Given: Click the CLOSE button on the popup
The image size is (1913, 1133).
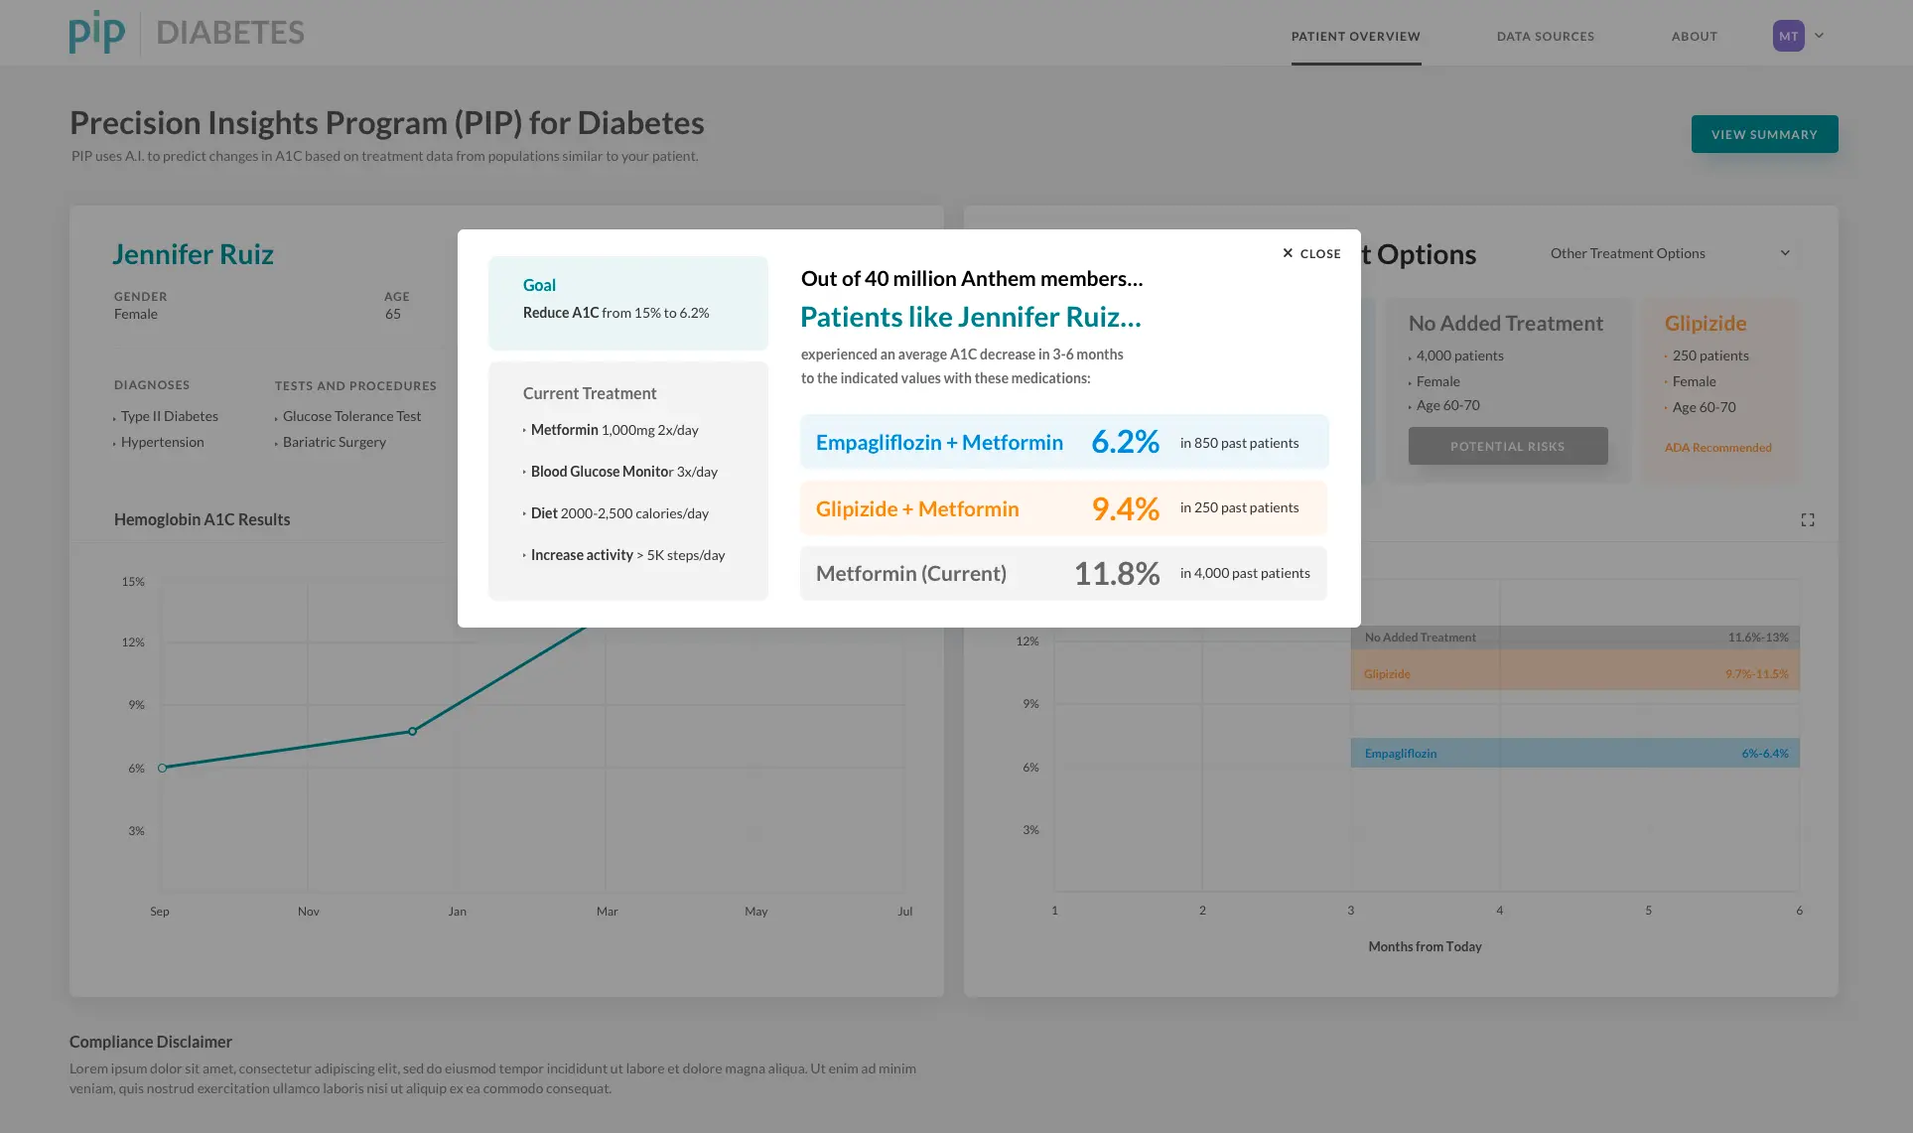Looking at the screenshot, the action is pyautogui.click(x=1311, y=253).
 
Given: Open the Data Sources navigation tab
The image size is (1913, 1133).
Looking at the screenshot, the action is pyautogui.click(x=1546, y=37).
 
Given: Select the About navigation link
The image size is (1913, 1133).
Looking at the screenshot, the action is pyautogui.click(x=1694, y=37).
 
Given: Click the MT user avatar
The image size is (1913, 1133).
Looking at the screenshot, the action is pyautogui.click(x=1788, y=36).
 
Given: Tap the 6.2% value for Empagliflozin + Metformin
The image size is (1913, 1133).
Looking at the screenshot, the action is pyautogui.click(x=1125, y=442).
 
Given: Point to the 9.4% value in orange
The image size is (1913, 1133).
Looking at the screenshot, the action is pyautogui.click(x=1125, y=508).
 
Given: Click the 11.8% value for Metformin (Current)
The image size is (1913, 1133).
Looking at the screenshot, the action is pyautogui.click(x=1117, y=573).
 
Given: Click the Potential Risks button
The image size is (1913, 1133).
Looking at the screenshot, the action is pyautogui.click(x=1507, y=446).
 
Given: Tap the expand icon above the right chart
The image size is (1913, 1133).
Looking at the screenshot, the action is pyautogui.click(x=1807, y=519).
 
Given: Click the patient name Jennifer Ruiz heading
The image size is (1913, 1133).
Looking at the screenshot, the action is pyautogui.click(x=193, y=254).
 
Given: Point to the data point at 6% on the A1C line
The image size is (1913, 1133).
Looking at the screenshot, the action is pyautogui.click(x=163, y=768).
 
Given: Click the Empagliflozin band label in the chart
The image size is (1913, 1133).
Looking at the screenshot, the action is pyautogui.click(x=1400, y=754).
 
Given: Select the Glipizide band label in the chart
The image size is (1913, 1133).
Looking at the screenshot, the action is pyautogui.click(x=1387, y=674).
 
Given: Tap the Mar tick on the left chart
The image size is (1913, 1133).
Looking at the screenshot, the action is pyautogui.click(x=607, y=912).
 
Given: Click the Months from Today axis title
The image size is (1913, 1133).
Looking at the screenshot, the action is pyautogui.click(x=1425, y=946).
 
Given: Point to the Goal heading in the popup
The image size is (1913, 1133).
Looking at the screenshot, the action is pyautogui.click(x=539, y=285).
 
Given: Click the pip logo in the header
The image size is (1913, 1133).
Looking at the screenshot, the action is pyautogui.click(x=97, y=32).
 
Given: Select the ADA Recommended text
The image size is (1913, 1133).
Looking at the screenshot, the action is pyautogui.click(x=1717, y=448).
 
